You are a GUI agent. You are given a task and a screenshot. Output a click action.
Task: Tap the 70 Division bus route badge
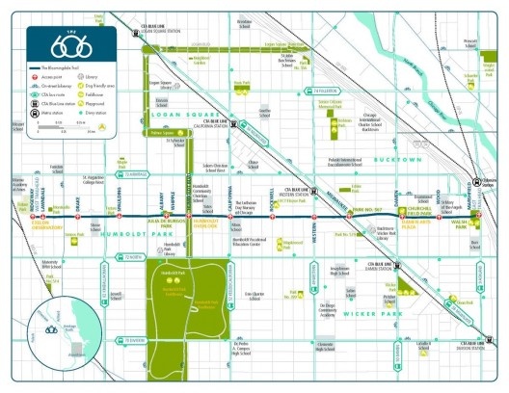133,340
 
